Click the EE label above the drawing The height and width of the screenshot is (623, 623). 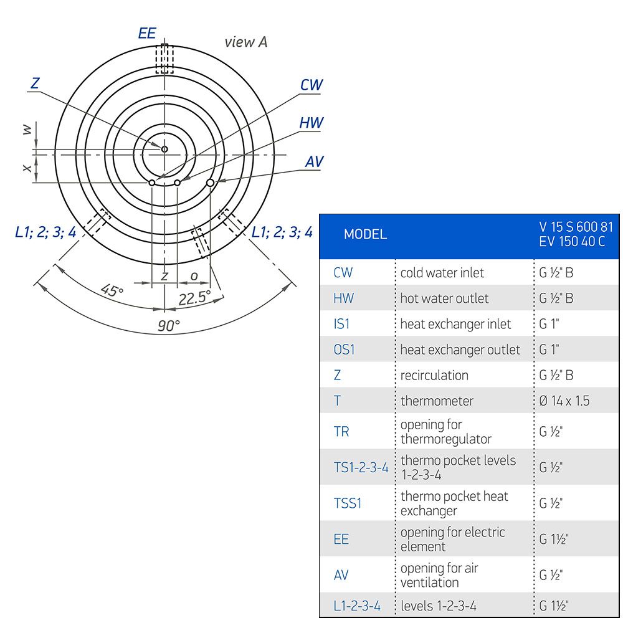(x=147, y=34)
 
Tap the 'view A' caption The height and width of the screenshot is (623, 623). (x=246, y=42)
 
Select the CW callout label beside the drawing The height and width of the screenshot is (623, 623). (x=311, y=85)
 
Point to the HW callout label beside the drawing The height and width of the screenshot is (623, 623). (x=311, y=123)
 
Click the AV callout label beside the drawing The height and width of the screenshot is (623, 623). (x=314, y=162)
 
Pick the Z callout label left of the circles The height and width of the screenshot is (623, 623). (x=35, y=83)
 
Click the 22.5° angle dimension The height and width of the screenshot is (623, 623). (x=194, y=298)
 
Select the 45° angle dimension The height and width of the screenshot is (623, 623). (x=112, y=290)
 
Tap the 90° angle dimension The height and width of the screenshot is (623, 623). (x=169, y=326)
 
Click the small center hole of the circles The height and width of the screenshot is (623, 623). (x=164, y=149)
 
